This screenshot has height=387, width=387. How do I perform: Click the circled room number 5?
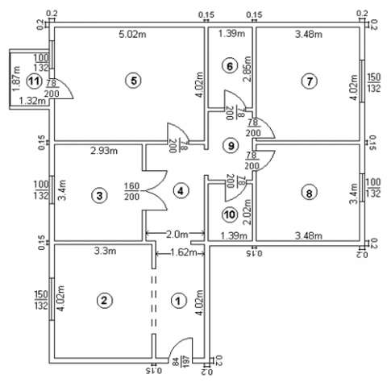[134, 80]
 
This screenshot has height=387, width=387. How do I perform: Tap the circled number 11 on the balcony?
[35, 81]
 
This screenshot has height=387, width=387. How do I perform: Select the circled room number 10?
[230, 214]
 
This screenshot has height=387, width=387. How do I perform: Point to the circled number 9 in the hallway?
[231, 145]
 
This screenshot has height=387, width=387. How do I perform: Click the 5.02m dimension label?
[132, 35]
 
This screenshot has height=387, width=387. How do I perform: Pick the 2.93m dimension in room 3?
[104, 151]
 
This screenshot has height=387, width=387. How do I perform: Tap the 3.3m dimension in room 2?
[105, 251]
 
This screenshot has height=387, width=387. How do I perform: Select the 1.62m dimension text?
[182, 252]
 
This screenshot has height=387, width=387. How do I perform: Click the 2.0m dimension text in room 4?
[177, 235]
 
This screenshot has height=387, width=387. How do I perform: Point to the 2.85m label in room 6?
[247, 69]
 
